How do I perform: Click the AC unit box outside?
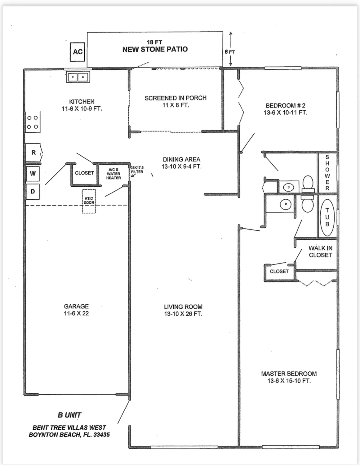78,52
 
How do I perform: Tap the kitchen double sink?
78,77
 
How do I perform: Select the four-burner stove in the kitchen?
33,122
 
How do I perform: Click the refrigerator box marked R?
33,153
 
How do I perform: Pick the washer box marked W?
33,174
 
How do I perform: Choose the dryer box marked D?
33,192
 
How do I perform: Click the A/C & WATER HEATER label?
113,174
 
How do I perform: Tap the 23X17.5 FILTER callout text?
137,170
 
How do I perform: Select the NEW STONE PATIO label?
155,49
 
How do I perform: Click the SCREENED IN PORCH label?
176,98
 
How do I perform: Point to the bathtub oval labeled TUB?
327,217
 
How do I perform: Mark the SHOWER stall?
327,173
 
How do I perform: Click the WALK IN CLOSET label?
320,251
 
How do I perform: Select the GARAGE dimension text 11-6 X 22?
76,313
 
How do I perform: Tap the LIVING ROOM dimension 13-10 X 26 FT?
183,314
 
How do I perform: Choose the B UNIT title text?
69,415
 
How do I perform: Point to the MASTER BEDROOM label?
289,374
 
